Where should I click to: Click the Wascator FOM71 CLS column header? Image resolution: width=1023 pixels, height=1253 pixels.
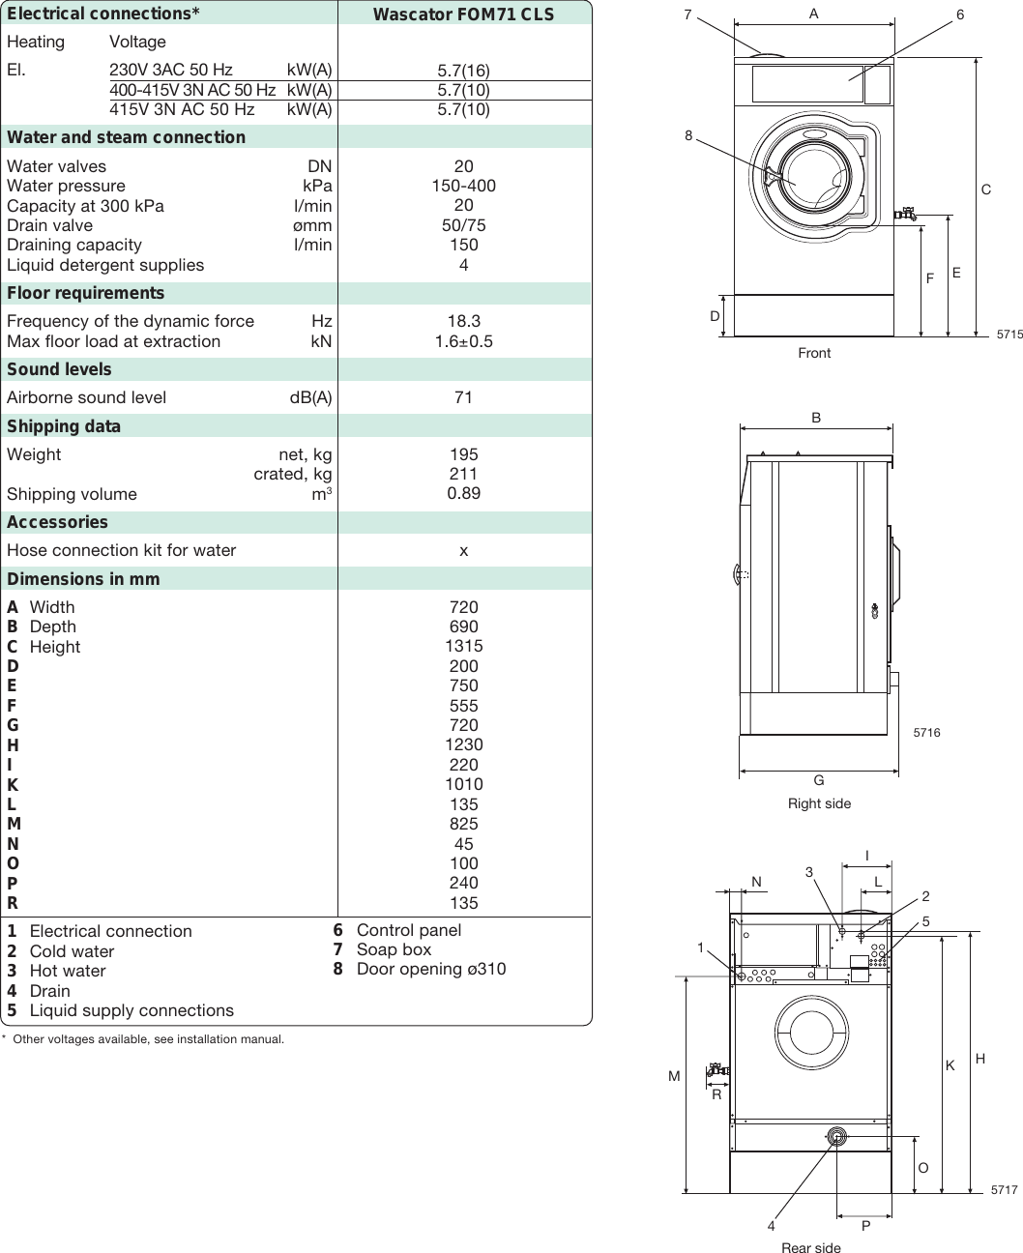coord(463,15)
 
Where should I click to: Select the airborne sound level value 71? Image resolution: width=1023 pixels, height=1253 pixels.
coord(463,397)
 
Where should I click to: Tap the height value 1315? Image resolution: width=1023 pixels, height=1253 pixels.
coord(463,646)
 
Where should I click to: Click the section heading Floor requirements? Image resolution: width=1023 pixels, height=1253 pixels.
coord(85,293)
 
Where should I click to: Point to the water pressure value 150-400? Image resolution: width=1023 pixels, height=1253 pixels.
coord(463,186)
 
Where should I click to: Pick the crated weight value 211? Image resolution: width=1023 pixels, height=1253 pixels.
coord(463,474)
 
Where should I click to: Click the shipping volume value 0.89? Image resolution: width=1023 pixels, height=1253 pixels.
coord(463,493)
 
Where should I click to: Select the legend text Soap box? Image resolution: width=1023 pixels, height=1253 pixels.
coord(394,949)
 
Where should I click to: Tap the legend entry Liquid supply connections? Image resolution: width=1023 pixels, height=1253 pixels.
coord(132,1010)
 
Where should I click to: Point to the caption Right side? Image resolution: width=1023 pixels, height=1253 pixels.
coord(819,803)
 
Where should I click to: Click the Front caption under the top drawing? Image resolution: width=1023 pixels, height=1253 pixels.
coord(814,353)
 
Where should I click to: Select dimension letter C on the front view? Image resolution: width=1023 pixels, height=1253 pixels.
coord(985,190)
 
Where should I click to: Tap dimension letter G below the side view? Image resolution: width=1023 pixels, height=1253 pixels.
coord(818,781)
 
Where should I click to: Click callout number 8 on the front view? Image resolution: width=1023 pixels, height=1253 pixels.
coord(688,136)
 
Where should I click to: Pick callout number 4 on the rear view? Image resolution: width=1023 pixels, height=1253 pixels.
coord(771,1226)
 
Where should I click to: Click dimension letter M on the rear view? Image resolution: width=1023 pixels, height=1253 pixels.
coord(674,1076)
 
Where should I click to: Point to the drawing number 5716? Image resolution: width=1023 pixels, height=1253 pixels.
coord(926,733)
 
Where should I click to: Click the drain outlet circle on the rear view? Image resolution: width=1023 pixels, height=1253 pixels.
coord(836,1138)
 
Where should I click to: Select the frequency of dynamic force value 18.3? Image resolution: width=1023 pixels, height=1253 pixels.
coord(463,321)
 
